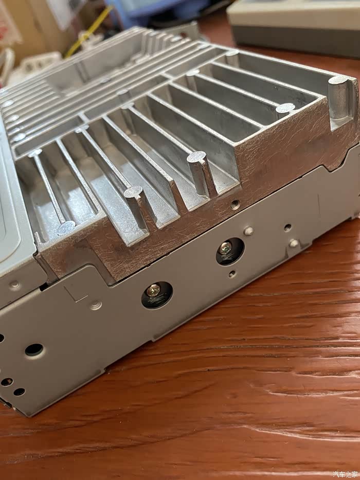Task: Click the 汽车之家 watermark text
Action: (345, 474)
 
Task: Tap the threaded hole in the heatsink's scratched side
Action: (235, 204)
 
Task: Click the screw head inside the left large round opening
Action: (153, 290)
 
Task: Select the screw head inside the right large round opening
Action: (226, 247)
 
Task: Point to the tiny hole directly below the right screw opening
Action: (232, 274)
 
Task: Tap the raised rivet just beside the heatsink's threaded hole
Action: (248, 231)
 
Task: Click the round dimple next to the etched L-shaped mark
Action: (96, 305)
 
